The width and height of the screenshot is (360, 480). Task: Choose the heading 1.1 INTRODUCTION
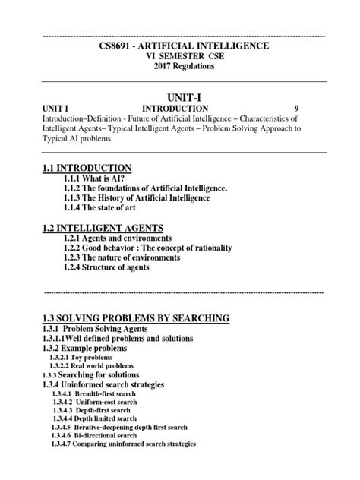pos(89,167)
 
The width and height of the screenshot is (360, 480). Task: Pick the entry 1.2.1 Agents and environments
pos(124,238)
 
